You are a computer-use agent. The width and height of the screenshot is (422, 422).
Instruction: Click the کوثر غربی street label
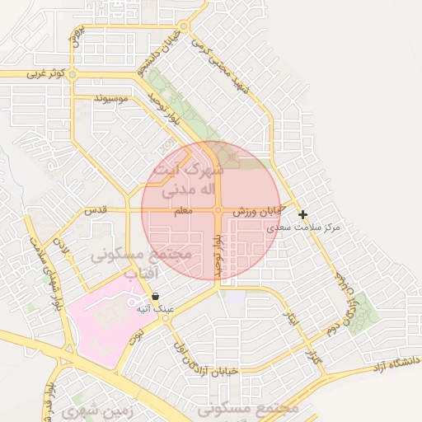coord(42,73)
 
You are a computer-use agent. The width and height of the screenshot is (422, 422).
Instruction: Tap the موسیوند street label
coord(113,100)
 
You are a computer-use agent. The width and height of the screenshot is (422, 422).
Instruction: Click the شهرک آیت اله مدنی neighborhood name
coord(189,180)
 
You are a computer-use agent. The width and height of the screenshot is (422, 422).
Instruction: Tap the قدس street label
coord(96,211)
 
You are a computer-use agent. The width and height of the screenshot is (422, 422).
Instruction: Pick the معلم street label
coord(183,212)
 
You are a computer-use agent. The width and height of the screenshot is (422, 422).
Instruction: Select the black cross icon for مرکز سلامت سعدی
coord(303,214)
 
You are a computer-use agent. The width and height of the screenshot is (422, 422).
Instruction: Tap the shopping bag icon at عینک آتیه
coord(156,297)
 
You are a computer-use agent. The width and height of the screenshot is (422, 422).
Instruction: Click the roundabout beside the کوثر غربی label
coord(73,74)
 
